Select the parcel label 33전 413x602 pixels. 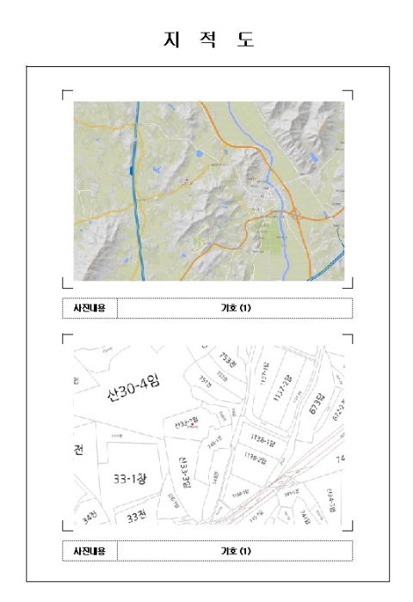pyautogui.click(x=136, y=518)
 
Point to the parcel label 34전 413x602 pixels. pyautogui.click(x=90, y=519)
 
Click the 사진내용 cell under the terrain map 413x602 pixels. pyautogui.click(x=89, y=308)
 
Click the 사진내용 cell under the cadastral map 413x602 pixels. pyautogui.click(x=89, y=550)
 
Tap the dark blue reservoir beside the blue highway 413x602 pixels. pyautogui.click(x=131, y=169)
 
